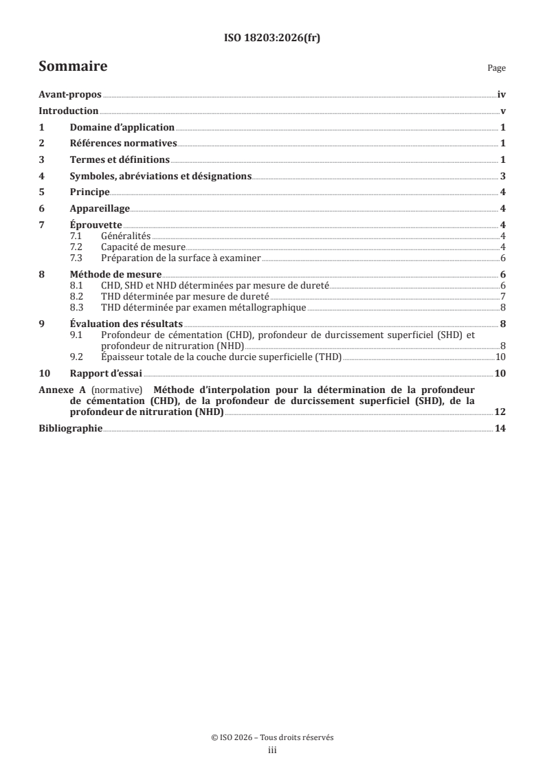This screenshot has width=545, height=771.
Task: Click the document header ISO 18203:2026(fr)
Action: coord(272,38)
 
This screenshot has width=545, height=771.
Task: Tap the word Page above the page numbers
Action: coord(496,69)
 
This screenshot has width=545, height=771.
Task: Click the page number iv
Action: coord(501,96)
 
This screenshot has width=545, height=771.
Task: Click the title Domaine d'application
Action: coord(122,128)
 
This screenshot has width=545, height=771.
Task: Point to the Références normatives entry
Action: coord(124,144)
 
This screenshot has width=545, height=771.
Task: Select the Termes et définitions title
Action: coord(120,159)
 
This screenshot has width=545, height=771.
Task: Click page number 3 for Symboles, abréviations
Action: coord(503,176)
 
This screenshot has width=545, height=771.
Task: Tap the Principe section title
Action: coord(89,192)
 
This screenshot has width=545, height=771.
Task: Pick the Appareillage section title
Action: coord(100,209)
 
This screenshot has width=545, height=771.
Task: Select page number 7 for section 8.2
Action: coord(503,296)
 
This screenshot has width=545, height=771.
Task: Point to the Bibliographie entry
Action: coord(70,429)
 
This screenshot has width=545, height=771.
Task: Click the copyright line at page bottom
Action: coord(272,737)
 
